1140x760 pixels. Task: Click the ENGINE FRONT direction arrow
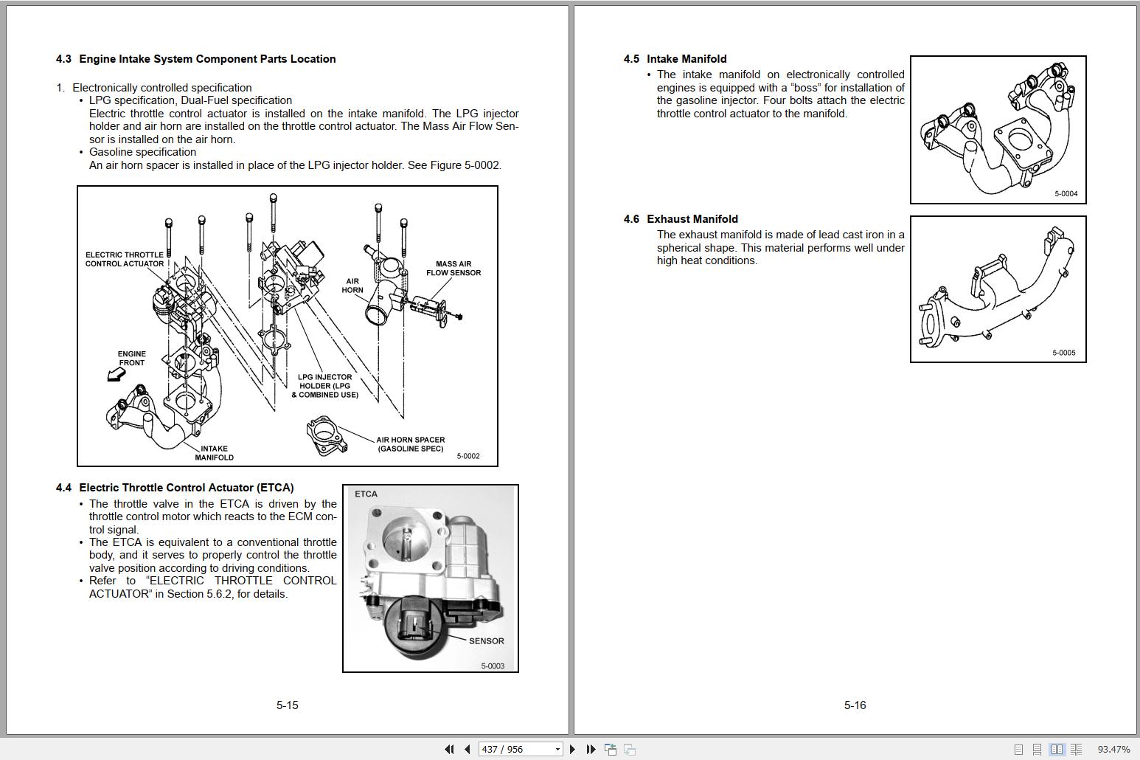tap(116, 375)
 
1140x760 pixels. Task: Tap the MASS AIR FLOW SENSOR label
tap(453, 268)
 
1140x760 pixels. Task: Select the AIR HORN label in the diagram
tap(352, 286)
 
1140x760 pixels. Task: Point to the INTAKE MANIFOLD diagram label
tap(214, 453)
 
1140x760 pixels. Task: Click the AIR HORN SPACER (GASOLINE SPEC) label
tap(410, 444)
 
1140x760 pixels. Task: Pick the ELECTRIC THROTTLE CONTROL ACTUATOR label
tap(125, 259)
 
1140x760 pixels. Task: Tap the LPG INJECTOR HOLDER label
tap(324, 386)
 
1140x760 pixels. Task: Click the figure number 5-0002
tap(468, 456)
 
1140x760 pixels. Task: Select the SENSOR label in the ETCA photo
tap(486, 640)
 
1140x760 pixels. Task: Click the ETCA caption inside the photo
tap(366, 494)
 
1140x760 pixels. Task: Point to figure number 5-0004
tap(1066, 194)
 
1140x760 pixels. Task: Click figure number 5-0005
tap(1063, 353)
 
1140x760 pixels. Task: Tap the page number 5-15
tap(287, 705)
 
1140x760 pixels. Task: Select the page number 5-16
tap(855, 705)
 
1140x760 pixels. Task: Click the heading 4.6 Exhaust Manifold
tap(680, 219)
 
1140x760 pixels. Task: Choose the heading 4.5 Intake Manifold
tap(675, 59)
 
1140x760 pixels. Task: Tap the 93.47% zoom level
tap(1113, 749)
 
